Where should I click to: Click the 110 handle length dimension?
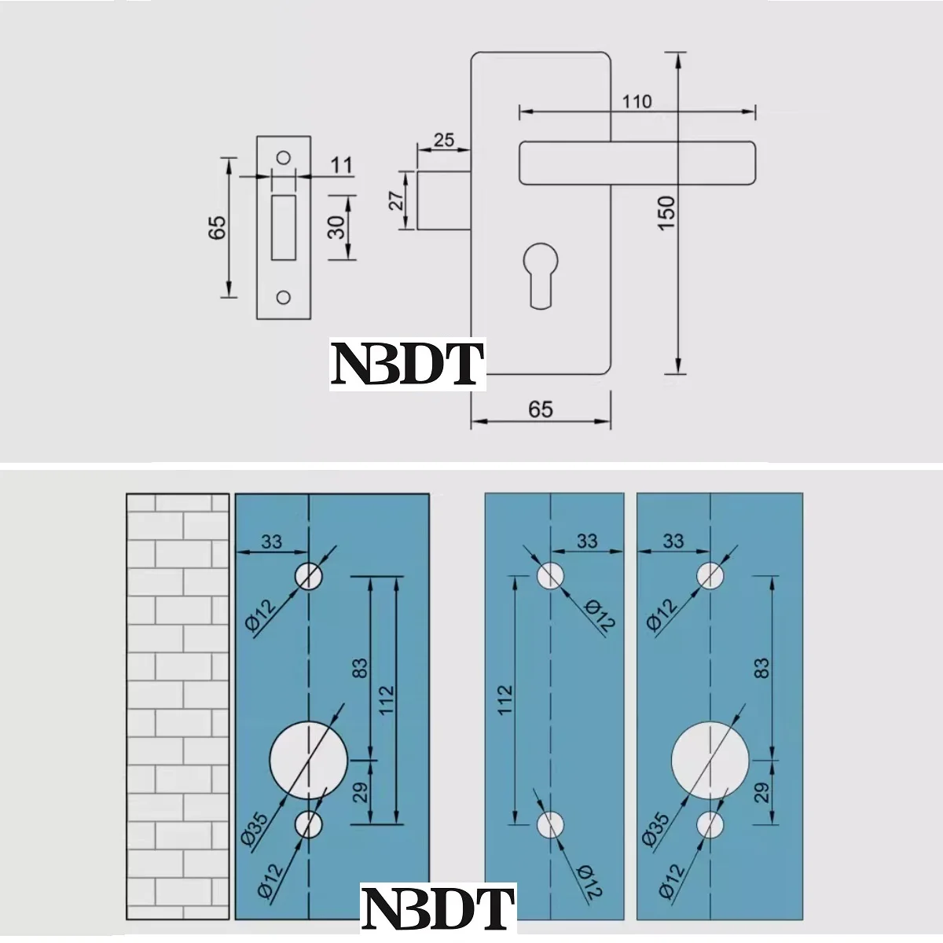(637, 101)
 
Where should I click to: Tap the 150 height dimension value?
(666, 212)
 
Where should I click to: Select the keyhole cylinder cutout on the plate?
(539, 272)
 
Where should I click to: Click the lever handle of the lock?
(637, 163)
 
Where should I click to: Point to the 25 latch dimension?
(443, 140)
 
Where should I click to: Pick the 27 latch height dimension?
(398, 200)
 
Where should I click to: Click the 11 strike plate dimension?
(342, 166)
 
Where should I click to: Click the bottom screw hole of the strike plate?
(284, 297)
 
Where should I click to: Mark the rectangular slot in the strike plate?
(283, 228)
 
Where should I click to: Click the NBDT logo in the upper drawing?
(406, 363)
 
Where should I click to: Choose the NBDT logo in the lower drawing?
(438, 909)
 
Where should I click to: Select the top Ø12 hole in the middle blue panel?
(551, 575)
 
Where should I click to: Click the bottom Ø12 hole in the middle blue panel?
(551, 824)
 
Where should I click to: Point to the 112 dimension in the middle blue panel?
(505, 699)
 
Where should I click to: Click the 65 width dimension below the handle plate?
(541, 409)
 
